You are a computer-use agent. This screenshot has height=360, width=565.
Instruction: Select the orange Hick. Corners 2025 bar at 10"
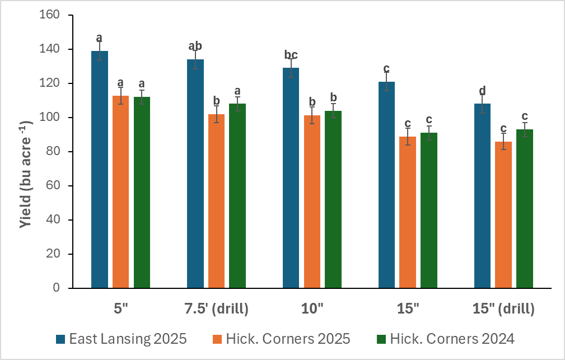[x=312, y=202]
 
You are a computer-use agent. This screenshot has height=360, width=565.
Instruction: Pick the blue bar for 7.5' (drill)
[x=195, y=174]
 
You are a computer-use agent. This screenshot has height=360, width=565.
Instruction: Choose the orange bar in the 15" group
[x=408, y=212]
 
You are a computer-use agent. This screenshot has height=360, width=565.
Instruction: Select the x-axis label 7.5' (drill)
[x=217, y=308]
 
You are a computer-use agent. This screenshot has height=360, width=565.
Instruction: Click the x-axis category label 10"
[x=312, y=308]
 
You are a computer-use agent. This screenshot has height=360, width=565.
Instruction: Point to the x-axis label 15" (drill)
[x=503, y=308]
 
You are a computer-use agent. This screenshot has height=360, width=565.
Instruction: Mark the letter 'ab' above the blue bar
[x=195, y=46]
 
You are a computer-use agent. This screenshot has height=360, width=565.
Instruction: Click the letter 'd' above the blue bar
[x=482, y=91]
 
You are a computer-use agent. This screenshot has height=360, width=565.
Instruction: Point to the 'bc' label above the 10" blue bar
[x=291, y=55]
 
